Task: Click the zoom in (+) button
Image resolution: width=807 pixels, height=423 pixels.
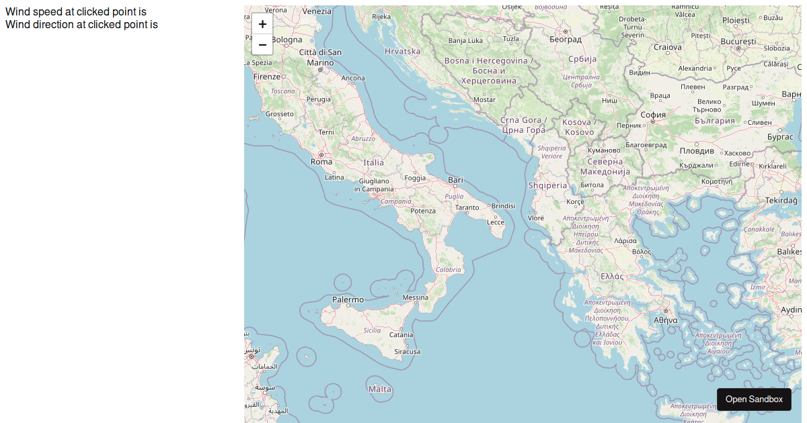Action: coord(262,23)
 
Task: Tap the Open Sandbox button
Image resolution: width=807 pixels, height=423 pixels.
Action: coord(754,399)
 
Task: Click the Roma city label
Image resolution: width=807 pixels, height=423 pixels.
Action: coord(321,162)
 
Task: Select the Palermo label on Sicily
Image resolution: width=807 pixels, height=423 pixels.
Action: coord(348,300)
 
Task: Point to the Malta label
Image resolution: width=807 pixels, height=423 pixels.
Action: coord(380,389)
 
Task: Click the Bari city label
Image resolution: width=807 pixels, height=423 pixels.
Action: coord(456,180)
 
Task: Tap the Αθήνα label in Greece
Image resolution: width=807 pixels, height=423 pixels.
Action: coord(665,320)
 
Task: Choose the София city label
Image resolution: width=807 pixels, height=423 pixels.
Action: coord(653,115)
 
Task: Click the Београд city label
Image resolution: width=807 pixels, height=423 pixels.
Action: coord(566,40)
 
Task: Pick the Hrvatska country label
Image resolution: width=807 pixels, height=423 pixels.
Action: coord(403,51)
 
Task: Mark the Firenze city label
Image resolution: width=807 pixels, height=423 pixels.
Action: coord(267,77)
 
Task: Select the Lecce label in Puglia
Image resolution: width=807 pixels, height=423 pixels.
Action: coord(496,222)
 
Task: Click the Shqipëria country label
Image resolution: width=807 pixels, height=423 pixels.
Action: coord(547,185)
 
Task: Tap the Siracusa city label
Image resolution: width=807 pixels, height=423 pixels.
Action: coord(408,352)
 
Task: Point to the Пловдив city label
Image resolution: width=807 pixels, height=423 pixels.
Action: coord(697,151)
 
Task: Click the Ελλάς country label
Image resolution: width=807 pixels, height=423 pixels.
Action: coord(612,276)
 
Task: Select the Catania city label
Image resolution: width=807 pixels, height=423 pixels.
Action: coord(401,334)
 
